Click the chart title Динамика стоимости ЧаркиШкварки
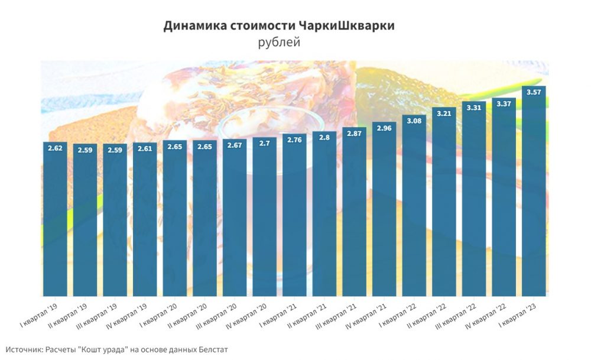pyautogui.click(x=279, y=26)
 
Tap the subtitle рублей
pyautogui.click(x=279, y=43)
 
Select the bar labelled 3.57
pyautogui.click(x=533, y=195)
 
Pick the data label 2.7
pyautogui.click(x=264, y=143)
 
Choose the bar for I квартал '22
pyautogui.click(x=414, y=207)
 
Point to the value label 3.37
pyautogui.click(x=504, y=104)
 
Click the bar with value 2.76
pyautogui.click(x=294, y=219)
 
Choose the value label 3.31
pyautogui.click(x=474, y=108)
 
